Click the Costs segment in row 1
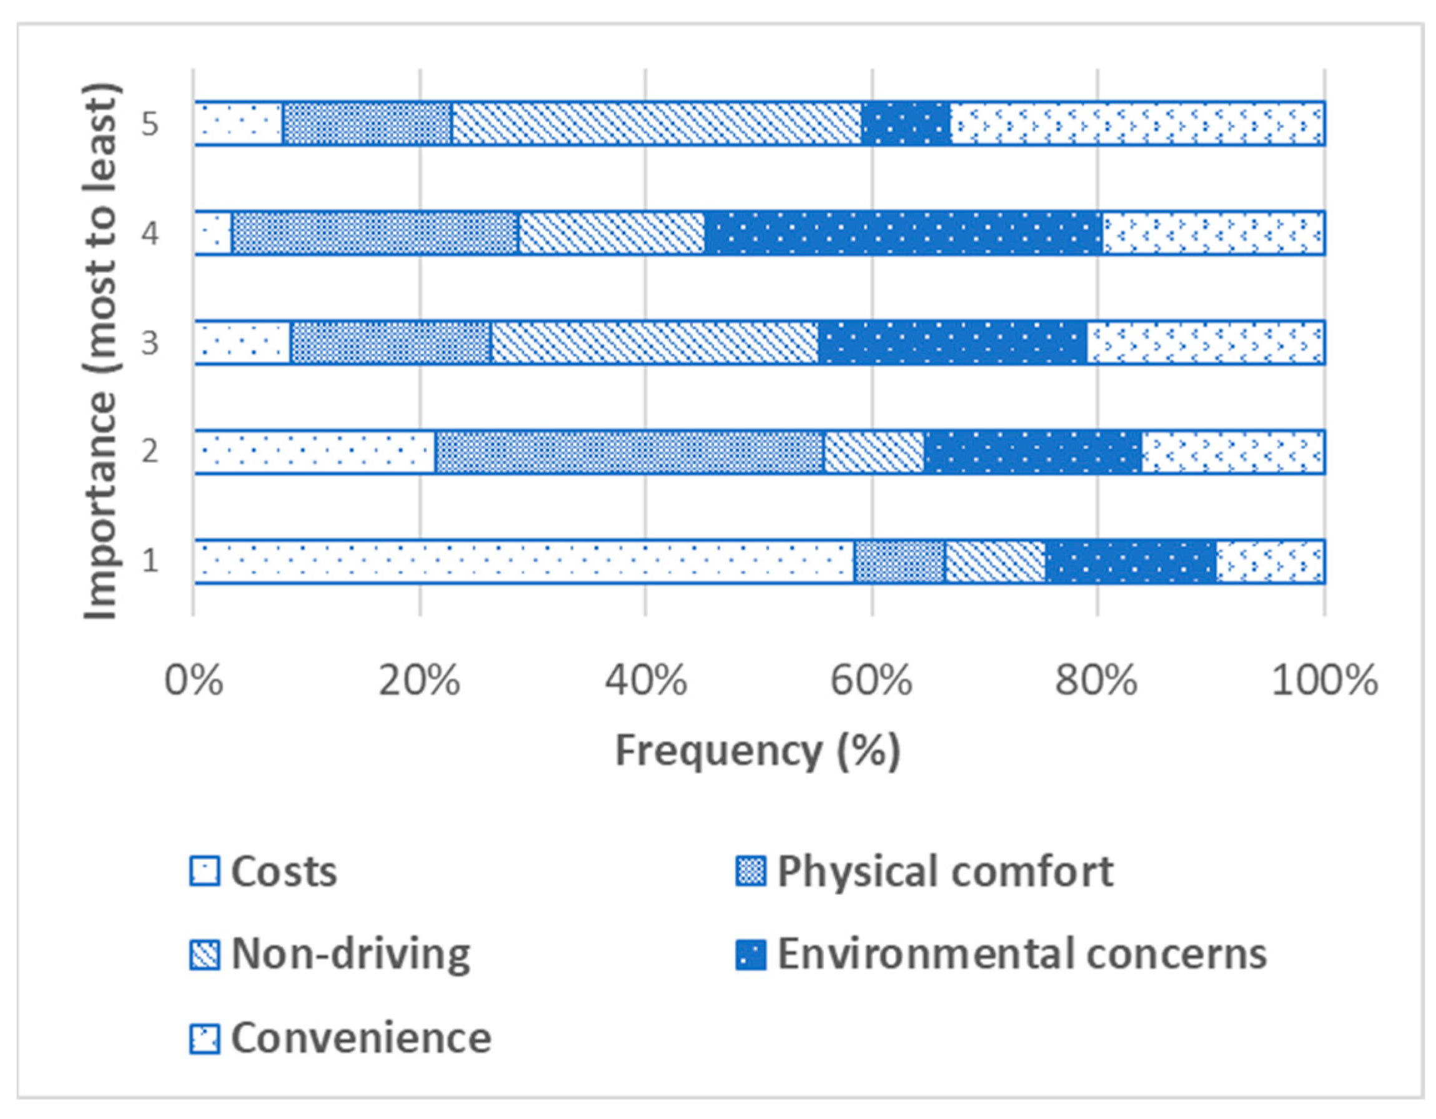pyautogui.click(x=523, y=561)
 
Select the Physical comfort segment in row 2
pyautogui.click(x=629, y=451)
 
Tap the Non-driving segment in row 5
pyautogui.click(x=656, y=123)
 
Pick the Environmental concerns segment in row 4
pyautogui.click(x=903, y=233)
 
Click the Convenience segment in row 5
pyautogui.click(x=1137, y=123)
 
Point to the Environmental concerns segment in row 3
pyautogui.click(x=952, y=342)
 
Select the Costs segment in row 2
pyautogui.click(x=314, y=451)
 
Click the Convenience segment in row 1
pyautogui.click(x=1270, y=561)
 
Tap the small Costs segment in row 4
pyautogui.click(x=212, y=233)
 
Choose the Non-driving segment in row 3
pyautogui.click(x=654, y=342)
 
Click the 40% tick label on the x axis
pyautogui.click(x=646, y=681)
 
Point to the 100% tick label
pyautogui.click(x=1324, y=681)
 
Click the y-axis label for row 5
pyautogui.click(x=150, y=124)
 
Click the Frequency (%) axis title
pyautogui.click(x=758, y=751)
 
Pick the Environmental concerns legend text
pyautogui.click(x=1022, y=954)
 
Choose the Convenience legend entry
pyautogui.click(x=360, y=1038)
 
